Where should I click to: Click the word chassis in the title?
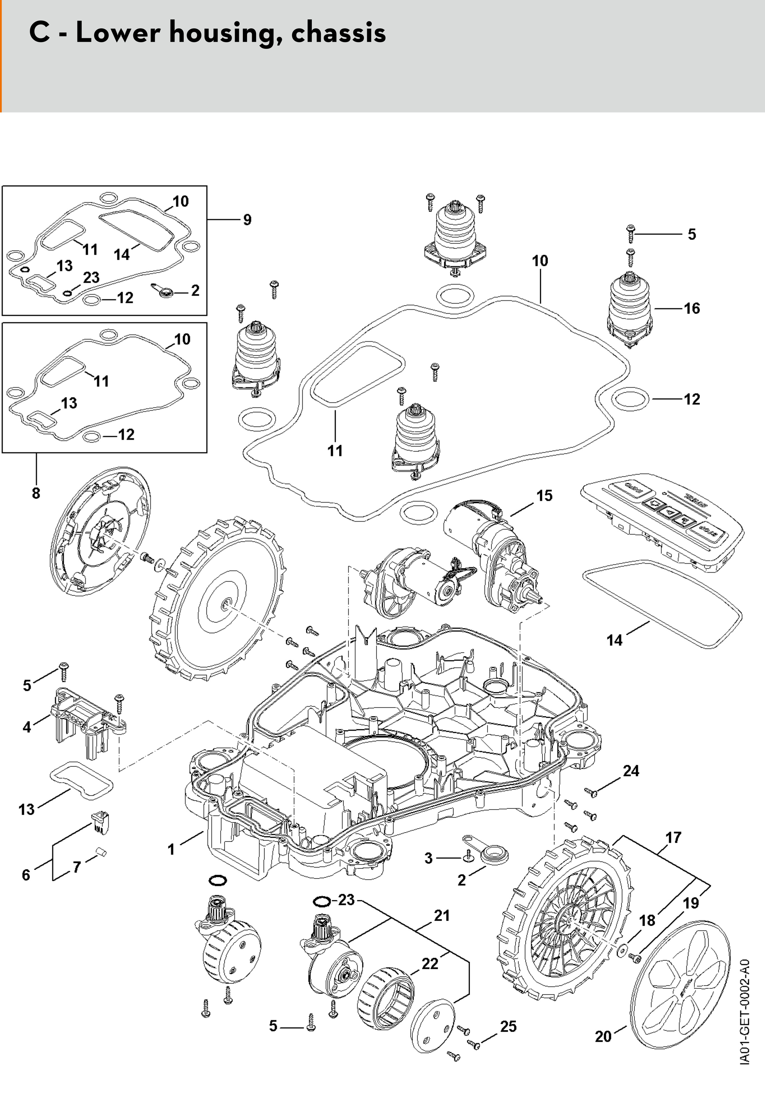(x=338, y=33)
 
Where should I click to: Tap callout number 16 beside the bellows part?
(x=692, y=309)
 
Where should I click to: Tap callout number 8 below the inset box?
(x=36, y=493)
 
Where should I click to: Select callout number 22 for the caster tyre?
(x=430, y=964)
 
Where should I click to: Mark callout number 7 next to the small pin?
(x=77, y=866)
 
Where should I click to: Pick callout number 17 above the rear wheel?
(x=673, y=838)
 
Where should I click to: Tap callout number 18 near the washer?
(x=647, y=921)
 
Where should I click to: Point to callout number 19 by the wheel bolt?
(x=691, y=903)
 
